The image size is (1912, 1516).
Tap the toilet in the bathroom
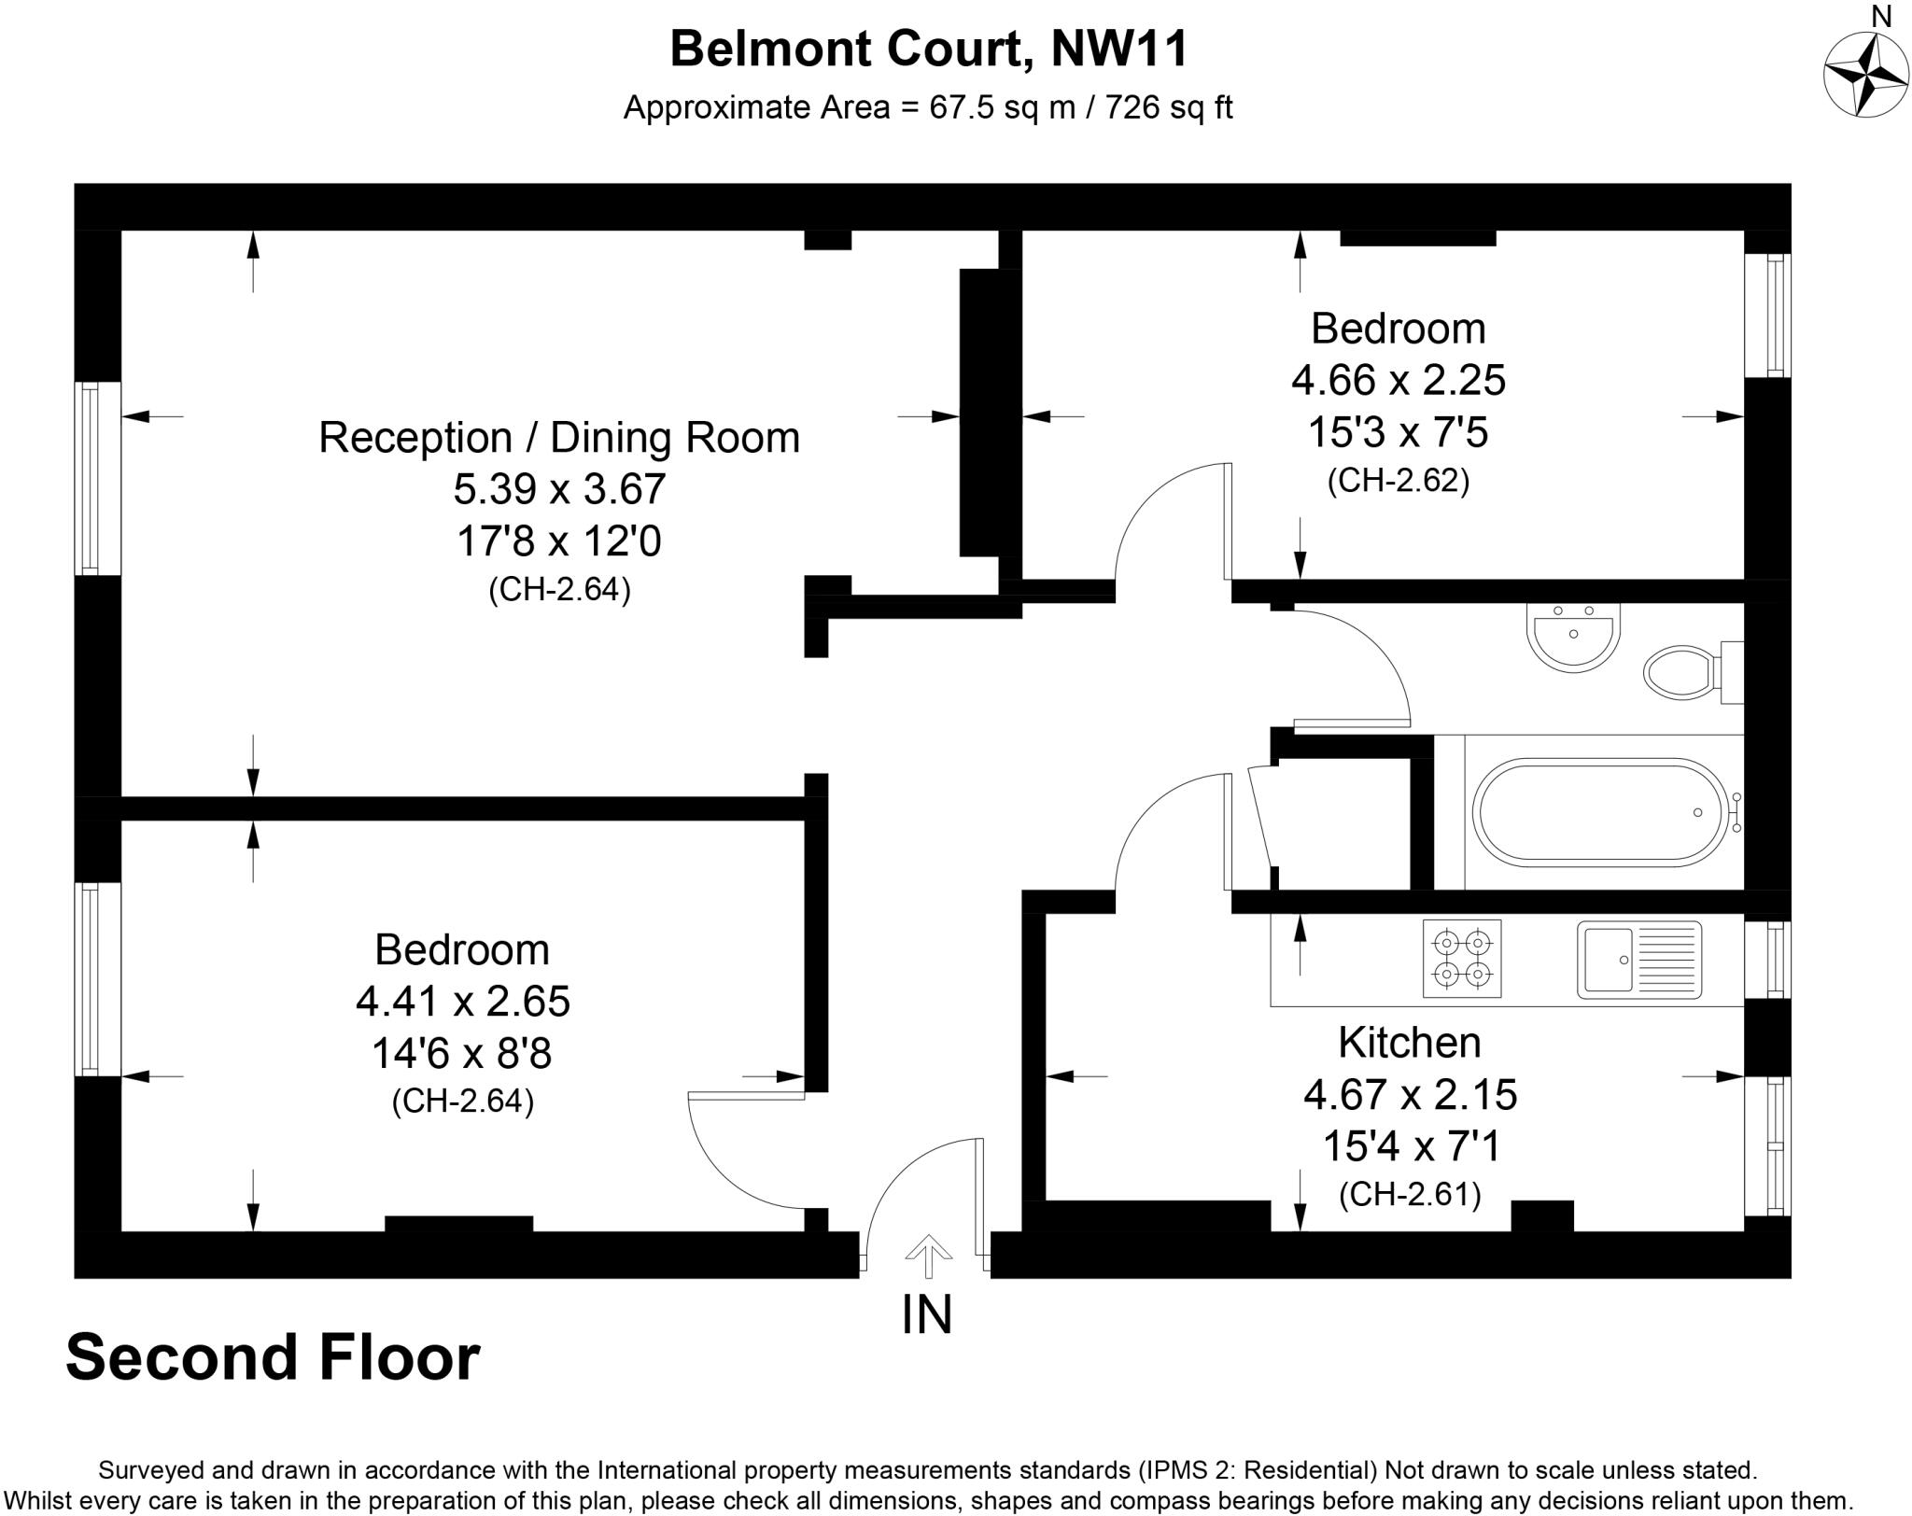coord(1693,672)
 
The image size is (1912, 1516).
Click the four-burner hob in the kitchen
coord(1462,959)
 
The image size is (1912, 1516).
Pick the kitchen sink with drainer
coord(1639,960)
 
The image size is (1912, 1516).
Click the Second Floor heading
coord(273,1358)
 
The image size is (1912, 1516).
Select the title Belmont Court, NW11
coord(929,49)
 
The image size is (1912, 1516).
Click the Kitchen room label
coord(1410,1043)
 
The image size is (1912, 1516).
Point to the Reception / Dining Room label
coord(559,438)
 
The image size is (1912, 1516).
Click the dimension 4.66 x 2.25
coord(1399,380)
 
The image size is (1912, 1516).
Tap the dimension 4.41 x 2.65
coord(463,1002)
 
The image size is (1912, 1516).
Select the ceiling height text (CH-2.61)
coord(1410,1194)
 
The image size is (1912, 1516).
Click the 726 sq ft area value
coord(1169,108)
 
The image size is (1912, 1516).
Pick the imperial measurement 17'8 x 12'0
coord(559,541)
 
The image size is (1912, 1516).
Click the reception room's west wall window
coord(90,478)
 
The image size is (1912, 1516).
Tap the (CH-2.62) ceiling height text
coord(1399,480)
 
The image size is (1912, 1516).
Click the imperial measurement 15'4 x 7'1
coord(1410,1145)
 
